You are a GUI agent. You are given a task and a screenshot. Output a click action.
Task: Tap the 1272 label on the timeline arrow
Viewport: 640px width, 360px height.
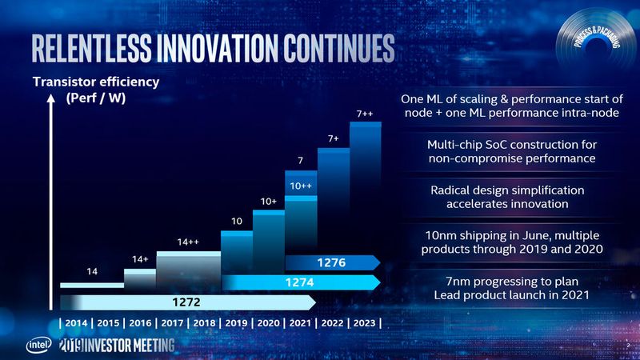click(185, 302)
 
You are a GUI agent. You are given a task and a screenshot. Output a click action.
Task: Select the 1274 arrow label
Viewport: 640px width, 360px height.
click(298, 282)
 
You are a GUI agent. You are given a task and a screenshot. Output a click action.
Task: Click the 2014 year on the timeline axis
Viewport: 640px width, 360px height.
click(77, 322)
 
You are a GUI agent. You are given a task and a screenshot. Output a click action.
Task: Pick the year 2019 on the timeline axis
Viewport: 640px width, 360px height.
click(238, 322)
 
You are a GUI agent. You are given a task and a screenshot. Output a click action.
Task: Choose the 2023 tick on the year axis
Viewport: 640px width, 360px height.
click(364, 322)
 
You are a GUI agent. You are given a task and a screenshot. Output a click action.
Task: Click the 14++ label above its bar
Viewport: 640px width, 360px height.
click(188, 242)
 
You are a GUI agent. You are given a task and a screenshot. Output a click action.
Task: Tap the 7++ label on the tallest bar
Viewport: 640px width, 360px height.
click(366, 114)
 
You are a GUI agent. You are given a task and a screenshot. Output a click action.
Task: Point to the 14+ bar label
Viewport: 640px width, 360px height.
click(140, 259)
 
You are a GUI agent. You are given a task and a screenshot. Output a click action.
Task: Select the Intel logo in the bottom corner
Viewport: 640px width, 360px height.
click(38, 345)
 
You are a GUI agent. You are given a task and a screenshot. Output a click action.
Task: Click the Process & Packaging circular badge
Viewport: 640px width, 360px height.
click(594, 40)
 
